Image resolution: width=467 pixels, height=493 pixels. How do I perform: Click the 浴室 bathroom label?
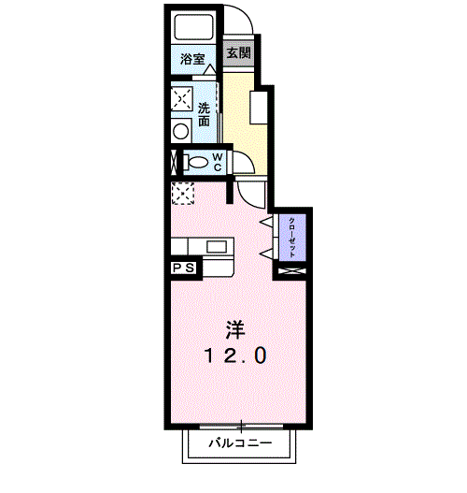click(x=192, y=59)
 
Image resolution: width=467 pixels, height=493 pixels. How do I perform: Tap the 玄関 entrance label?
click(x=239, y=52)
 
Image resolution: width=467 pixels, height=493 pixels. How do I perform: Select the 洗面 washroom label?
click(x=204, y=114)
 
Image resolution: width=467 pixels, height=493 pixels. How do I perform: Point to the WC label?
click(x=218, y=162)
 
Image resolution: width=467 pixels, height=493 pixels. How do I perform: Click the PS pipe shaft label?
click(x=184, y=268)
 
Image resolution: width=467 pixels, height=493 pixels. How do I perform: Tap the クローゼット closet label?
click(x=291, y=237)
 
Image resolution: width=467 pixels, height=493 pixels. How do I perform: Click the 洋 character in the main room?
click(x=235, y=330)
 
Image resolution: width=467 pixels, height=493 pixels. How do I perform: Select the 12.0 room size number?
click(x=235, y=355)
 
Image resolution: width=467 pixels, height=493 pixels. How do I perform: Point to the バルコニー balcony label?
click(x=240, y=443)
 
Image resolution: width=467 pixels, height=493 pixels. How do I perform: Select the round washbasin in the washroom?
click(x=181, y=131)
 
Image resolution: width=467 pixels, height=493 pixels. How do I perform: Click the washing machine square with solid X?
click(x=182, y=98)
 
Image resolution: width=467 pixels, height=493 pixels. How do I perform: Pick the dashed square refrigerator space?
click(x=183, y=194)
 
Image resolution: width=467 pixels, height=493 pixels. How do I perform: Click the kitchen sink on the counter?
click(x=217, y=247)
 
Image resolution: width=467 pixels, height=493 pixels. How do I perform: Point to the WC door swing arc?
click(x=248, y=156)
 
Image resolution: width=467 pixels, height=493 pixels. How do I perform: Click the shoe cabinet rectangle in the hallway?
click(x=259, y=108)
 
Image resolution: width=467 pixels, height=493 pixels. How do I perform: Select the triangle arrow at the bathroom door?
click(x=209, y=69)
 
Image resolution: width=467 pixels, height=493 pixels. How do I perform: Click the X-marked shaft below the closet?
click(x=291, y=270)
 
